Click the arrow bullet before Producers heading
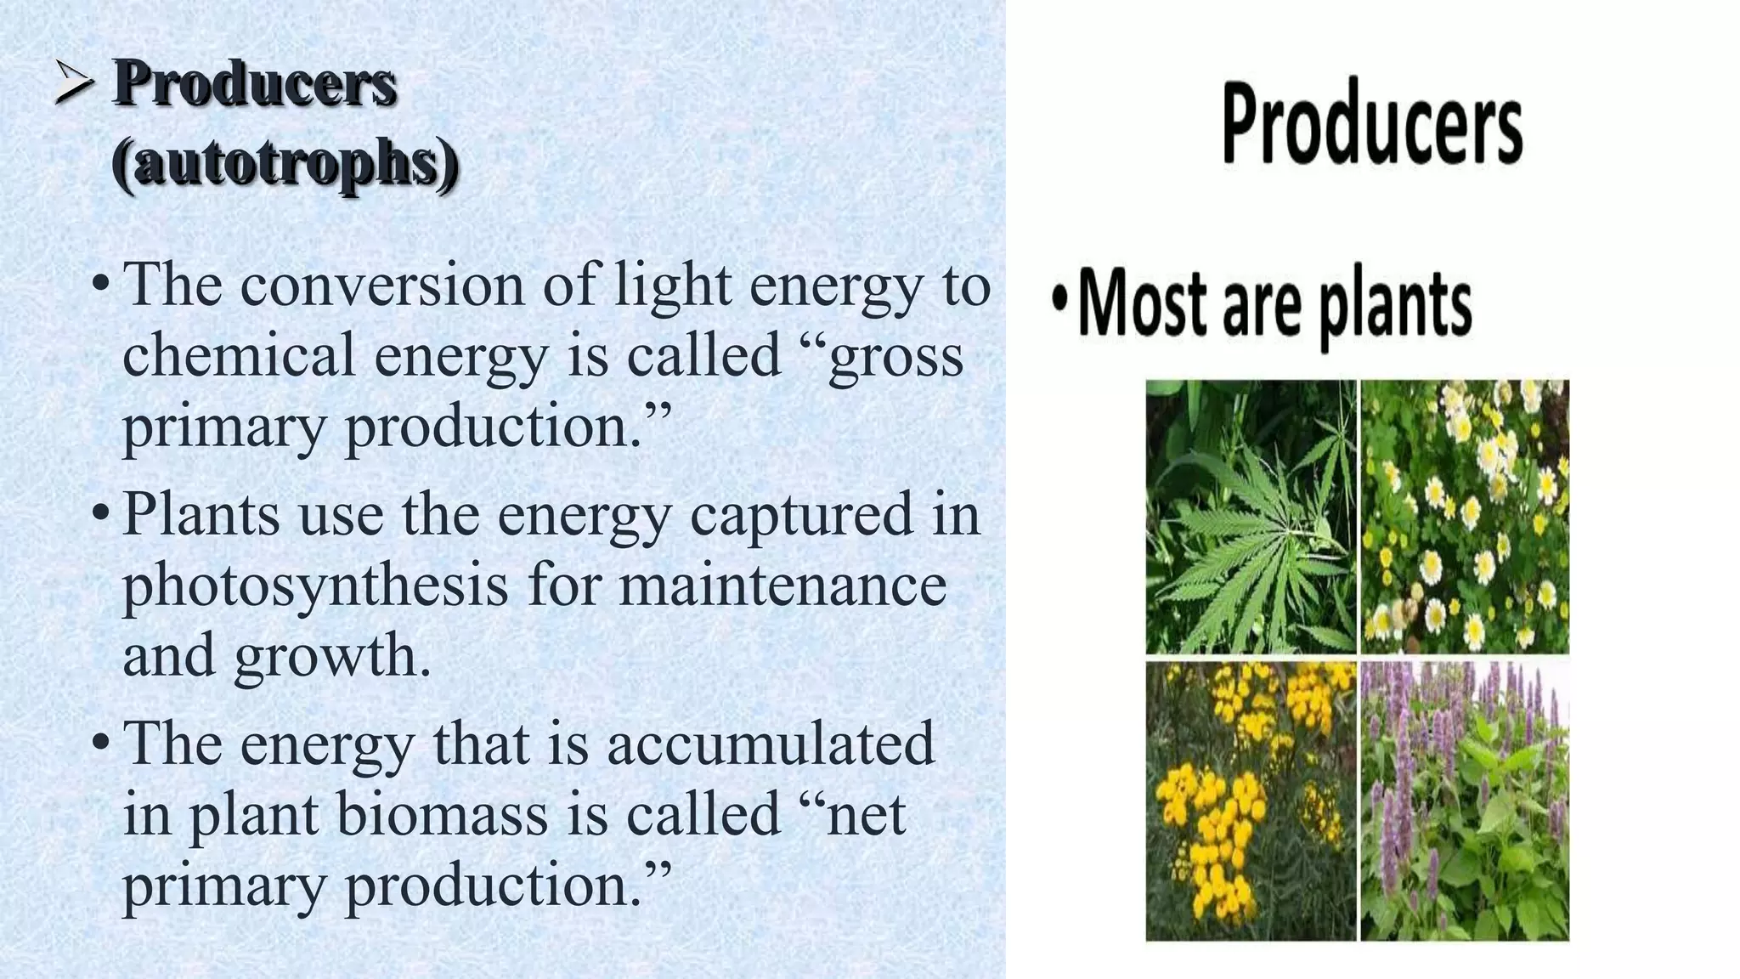click(x=75, y=85)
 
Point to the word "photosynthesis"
click(x=315, y=587)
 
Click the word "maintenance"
click(x=782, y=586)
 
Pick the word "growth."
click(x=333, y=658)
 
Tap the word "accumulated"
click(x=770, y=743)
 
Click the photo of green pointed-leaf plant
click(x=1251, y=517)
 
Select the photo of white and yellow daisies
click(x=1465, y=517)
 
